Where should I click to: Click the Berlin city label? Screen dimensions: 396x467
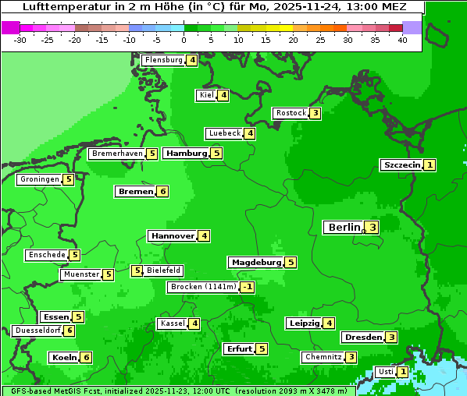344,228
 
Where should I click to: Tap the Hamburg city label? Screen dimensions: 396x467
186,154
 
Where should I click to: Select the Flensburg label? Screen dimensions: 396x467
163,60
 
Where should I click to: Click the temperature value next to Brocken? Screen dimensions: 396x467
247,287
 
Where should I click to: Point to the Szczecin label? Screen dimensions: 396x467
402,165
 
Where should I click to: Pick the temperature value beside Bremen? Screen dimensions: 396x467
162,192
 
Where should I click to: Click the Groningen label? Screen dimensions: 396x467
40,179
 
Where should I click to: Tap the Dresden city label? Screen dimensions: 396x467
362,338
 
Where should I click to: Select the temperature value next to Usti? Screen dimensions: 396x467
402,372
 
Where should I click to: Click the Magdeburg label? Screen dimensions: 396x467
256,263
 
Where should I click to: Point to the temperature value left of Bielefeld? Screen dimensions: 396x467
137,271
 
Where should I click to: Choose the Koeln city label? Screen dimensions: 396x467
64,358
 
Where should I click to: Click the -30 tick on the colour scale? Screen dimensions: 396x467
20,40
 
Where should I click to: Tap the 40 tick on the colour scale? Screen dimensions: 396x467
402,40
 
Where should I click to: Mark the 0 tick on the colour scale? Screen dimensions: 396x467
184,40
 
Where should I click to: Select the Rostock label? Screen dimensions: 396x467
291,113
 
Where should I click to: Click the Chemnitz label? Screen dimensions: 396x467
323,357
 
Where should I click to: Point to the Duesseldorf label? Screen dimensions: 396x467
37,331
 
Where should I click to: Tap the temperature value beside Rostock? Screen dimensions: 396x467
315,113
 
